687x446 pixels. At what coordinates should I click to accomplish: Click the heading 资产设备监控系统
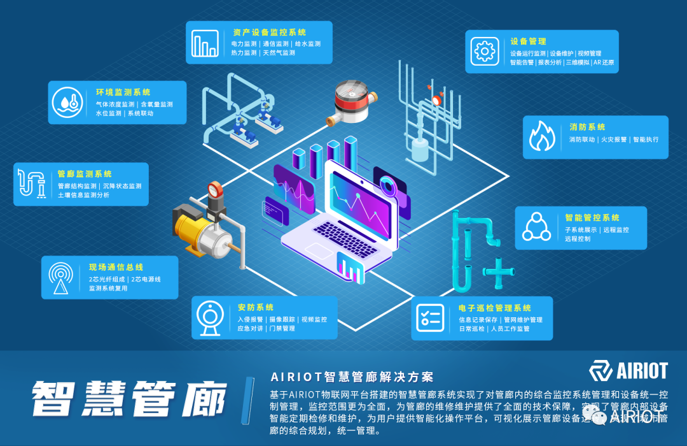(x=269, y=32)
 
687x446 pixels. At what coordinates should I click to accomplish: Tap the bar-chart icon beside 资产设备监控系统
(x=205, y=42)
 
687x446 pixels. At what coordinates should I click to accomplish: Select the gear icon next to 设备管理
(x=485, y=50)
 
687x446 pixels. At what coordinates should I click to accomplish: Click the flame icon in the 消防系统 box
(x=543, y=136)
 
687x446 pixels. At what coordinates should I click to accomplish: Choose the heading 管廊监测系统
(x=85, y=174)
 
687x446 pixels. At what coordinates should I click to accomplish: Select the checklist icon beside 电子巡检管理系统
(x=430, y=317)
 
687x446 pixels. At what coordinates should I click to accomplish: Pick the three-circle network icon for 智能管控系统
(x=536, y=227)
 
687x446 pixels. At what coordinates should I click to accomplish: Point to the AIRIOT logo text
(x=642, y=371)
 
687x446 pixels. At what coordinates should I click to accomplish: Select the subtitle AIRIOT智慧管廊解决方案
(x=352, y=376)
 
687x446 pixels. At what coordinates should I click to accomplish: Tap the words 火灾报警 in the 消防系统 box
(x=614, y=140)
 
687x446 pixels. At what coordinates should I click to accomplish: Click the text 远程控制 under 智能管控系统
(x=578, y=239)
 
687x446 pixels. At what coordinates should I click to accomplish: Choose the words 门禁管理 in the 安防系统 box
(x=282, y=329)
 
